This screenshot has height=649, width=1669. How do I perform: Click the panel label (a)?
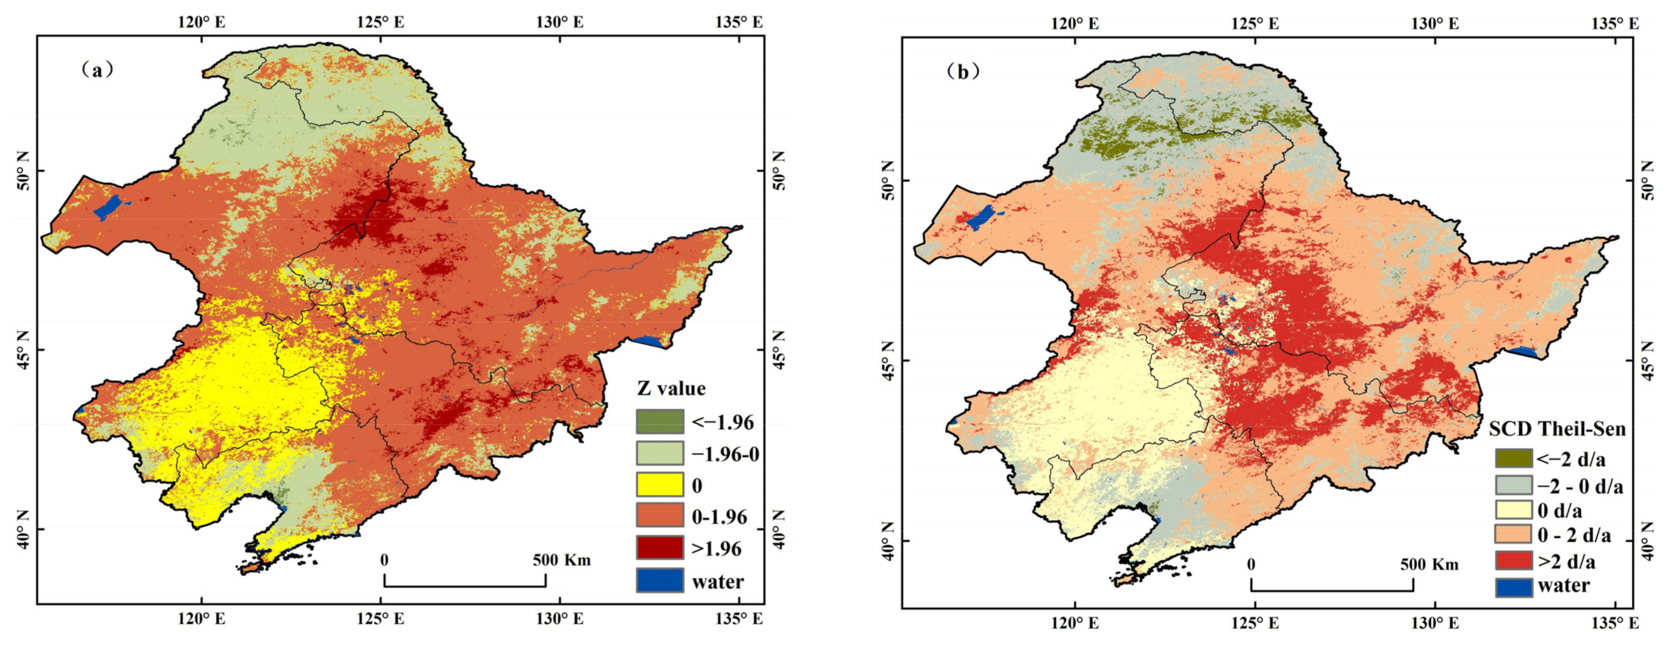(98, 70)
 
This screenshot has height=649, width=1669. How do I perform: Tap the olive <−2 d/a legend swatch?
(1513, 458)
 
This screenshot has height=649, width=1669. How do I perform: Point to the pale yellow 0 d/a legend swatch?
(1513, 510)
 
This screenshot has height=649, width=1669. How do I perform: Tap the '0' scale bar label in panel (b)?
(1251, 564)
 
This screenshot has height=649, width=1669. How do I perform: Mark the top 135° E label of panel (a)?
(739, 22)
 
